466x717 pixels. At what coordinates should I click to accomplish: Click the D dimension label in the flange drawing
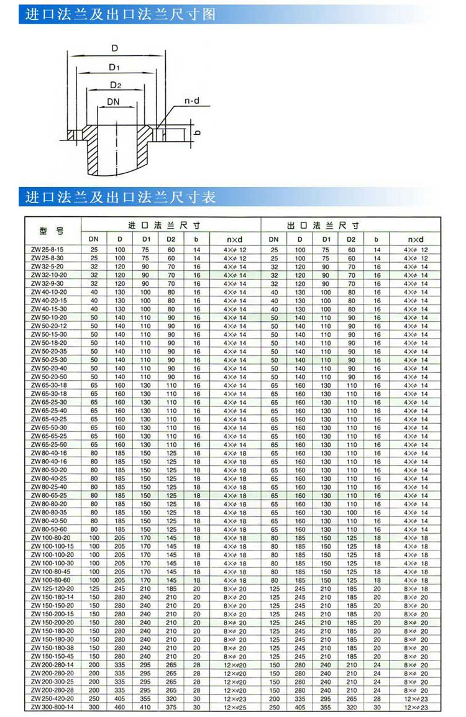tap(115, 47)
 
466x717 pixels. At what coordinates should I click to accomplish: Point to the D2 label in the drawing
tap(115, 84)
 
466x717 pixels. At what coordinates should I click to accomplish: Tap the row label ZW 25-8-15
tap(47, 249)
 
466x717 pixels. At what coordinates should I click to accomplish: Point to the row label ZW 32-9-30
tap(47, 283)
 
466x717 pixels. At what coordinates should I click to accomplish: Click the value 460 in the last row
tap(119, 707)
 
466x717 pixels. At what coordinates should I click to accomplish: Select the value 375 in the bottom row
tap(171, 707)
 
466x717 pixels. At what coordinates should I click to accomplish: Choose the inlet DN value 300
tap(94, 707)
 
